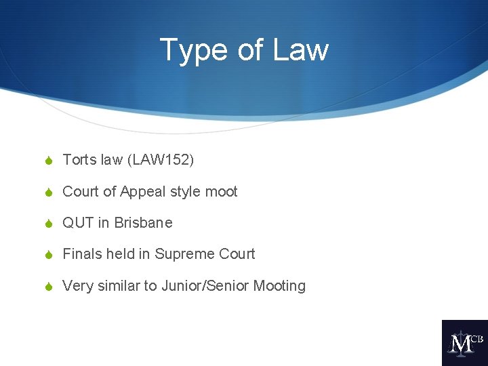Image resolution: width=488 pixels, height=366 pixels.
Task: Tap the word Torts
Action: (79, 160)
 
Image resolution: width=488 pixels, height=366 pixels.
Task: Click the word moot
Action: (221, 192)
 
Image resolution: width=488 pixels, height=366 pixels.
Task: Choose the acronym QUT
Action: (77, 223)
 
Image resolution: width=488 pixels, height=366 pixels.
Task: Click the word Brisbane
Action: (143, 223)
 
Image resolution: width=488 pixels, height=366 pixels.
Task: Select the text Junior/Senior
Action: (205, 286)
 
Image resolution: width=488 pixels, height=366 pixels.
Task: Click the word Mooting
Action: (279, 286)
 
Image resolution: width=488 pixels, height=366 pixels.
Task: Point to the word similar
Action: (118, 286)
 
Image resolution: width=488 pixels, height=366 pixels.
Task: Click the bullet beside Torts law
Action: (48, 161)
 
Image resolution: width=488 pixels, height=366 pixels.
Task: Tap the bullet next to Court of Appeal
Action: (48, 192)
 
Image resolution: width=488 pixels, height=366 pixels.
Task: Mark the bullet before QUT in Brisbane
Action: (48, 224)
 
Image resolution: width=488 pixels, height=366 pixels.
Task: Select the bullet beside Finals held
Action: (48, 255)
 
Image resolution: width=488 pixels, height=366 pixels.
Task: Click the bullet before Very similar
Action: (48, 287)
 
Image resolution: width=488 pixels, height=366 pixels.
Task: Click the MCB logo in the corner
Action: (464, 343)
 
